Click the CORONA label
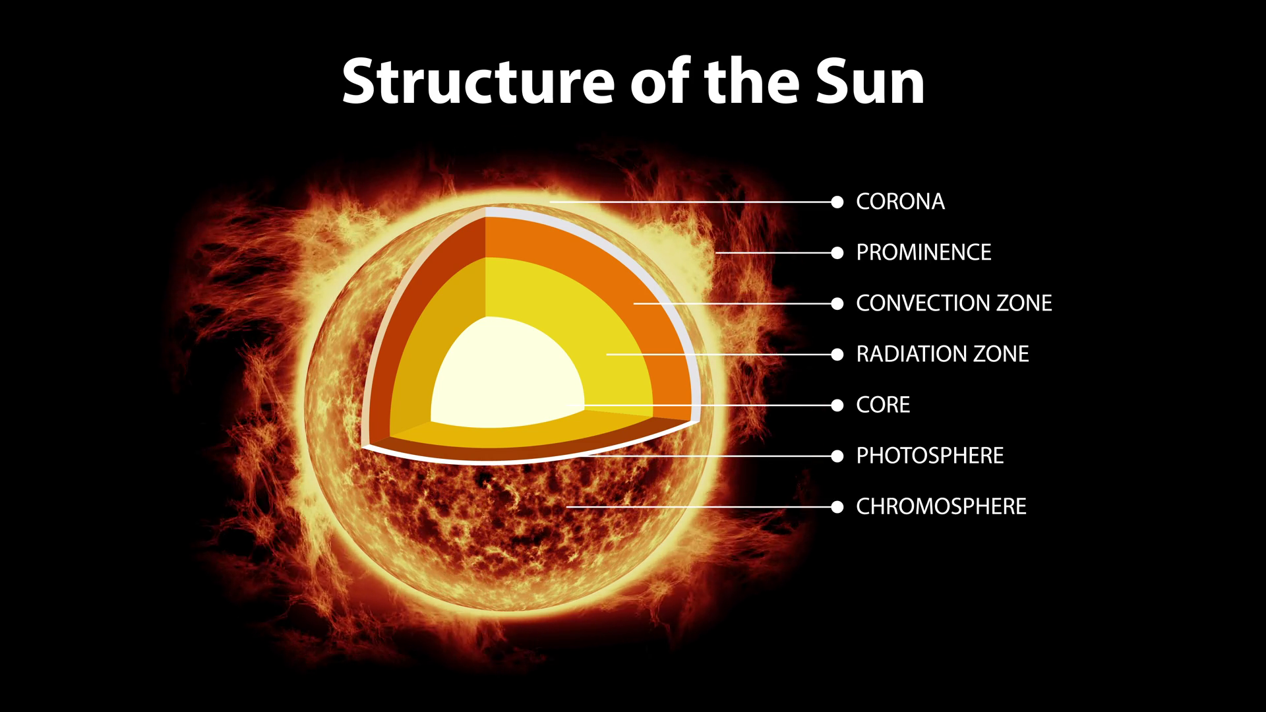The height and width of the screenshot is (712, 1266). point(900,202)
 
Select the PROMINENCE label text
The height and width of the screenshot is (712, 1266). point(923,252)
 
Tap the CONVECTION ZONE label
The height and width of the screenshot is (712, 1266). point(953,303)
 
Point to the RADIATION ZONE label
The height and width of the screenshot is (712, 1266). point(942,354)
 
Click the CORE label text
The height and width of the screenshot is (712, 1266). point(883,405)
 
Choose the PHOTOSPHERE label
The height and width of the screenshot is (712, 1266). point(930,456)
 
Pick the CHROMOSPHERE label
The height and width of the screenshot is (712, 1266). point(941,506)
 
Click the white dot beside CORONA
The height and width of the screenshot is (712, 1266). point(837,202)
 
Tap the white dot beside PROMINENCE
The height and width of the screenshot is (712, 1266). point(837,252)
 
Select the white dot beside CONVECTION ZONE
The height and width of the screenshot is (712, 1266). point(837,304)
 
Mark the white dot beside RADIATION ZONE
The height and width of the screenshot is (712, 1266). point(837,355)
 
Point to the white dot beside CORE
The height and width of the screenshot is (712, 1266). point(837,405)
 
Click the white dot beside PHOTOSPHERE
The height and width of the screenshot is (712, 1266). point(837,456)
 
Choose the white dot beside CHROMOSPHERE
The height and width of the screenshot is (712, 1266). point(837,507)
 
